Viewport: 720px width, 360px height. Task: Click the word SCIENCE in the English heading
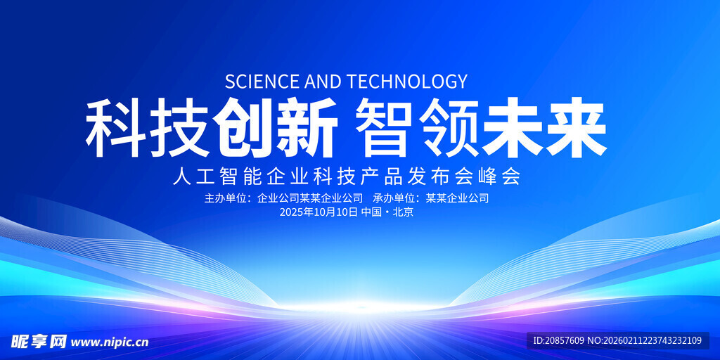point(262,82)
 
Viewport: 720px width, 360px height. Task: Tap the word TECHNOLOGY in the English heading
point(407,82)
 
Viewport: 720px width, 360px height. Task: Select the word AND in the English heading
point(323,82)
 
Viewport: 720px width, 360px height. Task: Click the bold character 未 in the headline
point(513,128)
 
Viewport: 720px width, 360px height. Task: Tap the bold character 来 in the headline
point(577,128)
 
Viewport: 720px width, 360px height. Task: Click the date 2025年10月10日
point(319,212)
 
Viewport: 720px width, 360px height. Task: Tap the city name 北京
point(404,212)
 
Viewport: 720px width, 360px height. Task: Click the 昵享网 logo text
point(39,342)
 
